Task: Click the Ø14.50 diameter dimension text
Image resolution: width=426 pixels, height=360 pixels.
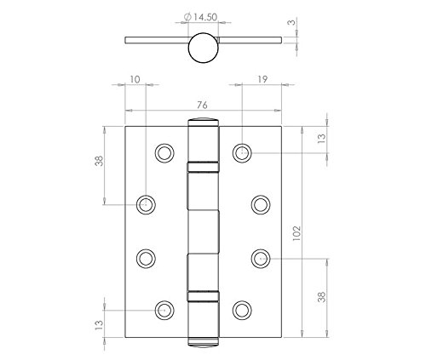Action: pyautogui.click(x=201, y=17)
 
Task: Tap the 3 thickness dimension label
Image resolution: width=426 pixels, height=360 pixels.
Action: pyautogui.click(x=291, y=21)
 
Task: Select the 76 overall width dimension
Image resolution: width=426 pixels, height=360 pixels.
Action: pyautogui.click(x=202, y=106)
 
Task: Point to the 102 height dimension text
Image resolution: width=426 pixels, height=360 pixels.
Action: pyautogui.click(x=296, y=233)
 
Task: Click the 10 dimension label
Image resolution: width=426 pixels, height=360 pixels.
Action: pyautogui.click(x=135, y=79)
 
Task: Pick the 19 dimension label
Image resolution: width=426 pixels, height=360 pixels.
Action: pyautogui.click(x=262, y=79)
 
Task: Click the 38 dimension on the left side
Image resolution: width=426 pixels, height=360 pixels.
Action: pyautogui.click(x=100, y=161)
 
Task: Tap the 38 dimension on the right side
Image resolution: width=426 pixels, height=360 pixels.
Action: pyautogui.click(x=322, y=297)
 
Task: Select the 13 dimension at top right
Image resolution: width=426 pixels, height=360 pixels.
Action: pyautogui.click(x=322, y=138)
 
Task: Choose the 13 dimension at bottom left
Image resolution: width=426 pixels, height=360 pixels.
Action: pyautogui.click(x=100, y=325)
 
